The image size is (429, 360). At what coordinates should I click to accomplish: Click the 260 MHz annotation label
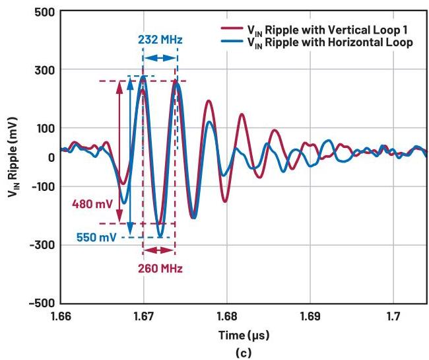(x=160, y=268)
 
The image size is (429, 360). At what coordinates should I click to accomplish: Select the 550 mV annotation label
(x=96, y=236)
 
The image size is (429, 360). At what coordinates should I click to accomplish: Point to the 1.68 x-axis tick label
(x=226, y=316)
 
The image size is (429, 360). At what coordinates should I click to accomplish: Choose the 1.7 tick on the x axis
(x=393, y=316)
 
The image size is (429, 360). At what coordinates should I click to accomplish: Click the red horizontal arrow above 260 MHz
(x=159, y=251)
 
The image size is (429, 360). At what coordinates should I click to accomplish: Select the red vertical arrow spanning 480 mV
(x=119, y=151)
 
